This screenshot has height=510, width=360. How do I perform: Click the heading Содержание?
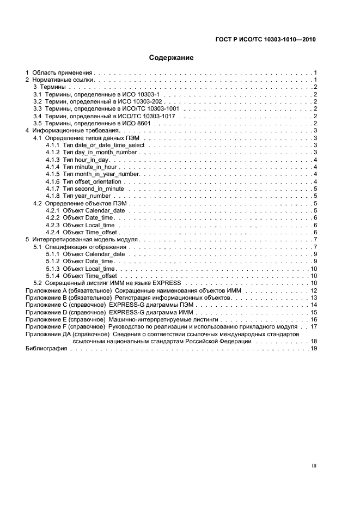(x=171, y=57)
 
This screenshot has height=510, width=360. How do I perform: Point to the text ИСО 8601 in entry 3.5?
(x=138, y=123)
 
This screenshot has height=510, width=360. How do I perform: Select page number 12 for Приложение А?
(x=314, y=290)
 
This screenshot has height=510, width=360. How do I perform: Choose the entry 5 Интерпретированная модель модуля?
(x=82, y=239)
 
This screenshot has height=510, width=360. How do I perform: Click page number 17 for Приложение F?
(x=314, y=326)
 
